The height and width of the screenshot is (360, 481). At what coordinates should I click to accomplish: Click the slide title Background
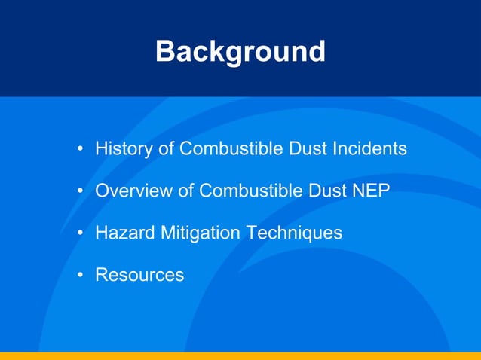point(240,52)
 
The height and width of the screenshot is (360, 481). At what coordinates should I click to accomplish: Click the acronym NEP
point(370,191)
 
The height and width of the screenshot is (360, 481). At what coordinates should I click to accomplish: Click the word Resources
point(139,275)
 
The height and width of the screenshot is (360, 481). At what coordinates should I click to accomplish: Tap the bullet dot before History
point(80,150)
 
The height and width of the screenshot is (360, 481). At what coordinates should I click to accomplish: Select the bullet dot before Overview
point(80,192)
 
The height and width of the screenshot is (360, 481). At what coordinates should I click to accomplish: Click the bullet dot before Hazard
point(80,234)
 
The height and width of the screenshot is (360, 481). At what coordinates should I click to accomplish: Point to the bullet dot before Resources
point(80,276)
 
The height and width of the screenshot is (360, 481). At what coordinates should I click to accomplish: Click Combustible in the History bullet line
point(231,149)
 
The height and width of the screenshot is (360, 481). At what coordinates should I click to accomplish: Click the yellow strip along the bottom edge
point(240,355)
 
